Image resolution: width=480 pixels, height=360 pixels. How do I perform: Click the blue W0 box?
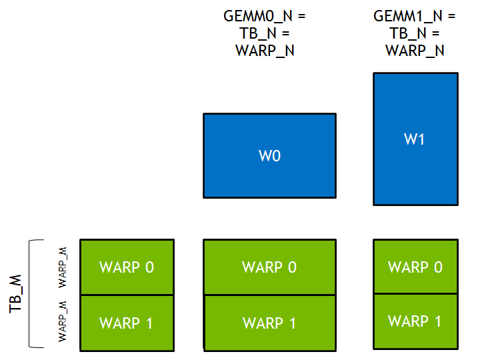269,156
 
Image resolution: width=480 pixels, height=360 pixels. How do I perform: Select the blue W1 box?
415,139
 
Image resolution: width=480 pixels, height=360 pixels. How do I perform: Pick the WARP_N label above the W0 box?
265,51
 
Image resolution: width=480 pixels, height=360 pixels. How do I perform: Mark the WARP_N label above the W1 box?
415,51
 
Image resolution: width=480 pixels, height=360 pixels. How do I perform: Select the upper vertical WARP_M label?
63,267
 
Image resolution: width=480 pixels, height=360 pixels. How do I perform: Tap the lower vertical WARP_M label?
63,321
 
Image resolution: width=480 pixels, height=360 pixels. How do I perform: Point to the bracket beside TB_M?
33,293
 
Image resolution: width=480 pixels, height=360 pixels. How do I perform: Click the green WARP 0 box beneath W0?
269,267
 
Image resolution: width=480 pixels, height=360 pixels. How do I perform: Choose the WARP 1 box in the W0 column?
269,323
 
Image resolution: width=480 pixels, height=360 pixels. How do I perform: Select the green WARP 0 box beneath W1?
415,267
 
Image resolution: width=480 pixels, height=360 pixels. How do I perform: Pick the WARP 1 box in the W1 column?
415,321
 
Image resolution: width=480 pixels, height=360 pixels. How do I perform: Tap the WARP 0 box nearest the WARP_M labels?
127,267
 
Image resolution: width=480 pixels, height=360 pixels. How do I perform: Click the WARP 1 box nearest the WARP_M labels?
127,323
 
